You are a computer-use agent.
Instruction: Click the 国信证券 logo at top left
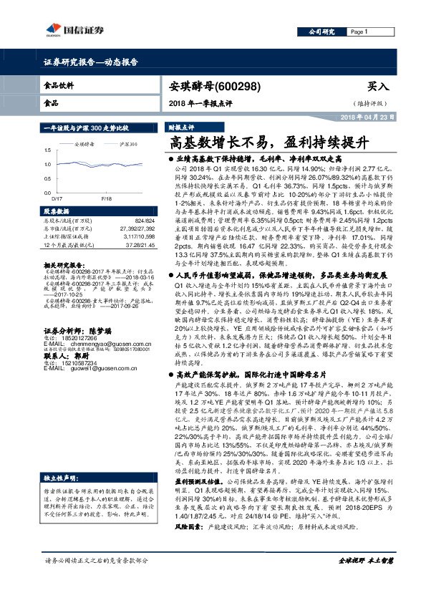pos(68,29)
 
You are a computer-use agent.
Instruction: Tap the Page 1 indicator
pos(359,32)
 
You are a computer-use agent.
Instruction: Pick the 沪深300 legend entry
pos(128,144)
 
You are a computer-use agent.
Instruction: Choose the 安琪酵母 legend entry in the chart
pos(84,144)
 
